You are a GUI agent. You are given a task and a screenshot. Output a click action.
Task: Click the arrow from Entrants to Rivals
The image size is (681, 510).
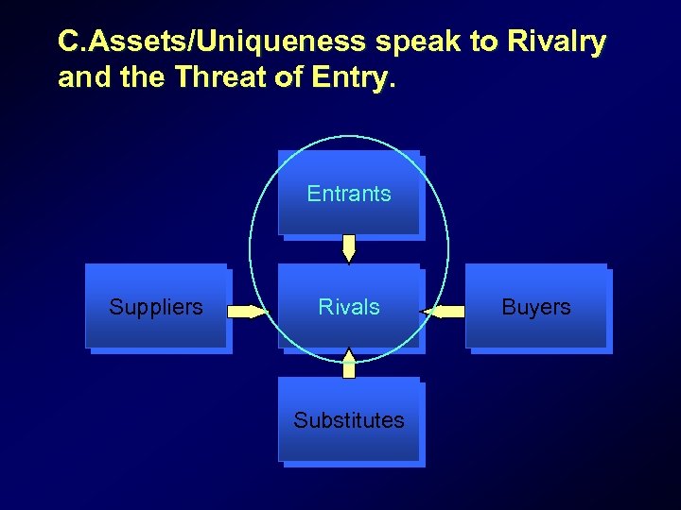(x=349, y=248)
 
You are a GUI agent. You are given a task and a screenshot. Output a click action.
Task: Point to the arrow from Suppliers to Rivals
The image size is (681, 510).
(x=249, y=311)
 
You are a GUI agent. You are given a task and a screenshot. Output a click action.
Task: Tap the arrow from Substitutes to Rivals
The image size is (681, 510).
(x=349, y=364)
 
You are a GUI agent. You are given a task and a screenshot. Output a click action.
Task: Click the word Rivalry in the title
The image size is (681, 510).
(x=557, y=42)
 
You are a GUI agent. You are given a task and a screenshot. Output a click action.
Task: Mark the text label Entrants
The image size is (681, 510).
(x=349, y=194)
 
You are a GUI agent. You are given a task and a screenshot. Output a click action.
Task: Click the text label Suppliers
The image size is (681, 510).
(x=156, y=307)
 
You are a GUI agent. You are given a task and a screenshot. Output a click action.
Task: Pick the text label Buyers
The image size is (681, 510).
(x=536, y=307)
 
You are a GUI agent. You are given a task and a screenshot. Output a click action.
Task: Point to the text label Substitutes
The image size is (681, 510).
(x=349, y=420)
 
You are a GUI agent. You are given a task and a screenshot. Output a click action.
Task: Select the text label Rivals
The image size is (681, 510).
(x=349, y=307)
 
